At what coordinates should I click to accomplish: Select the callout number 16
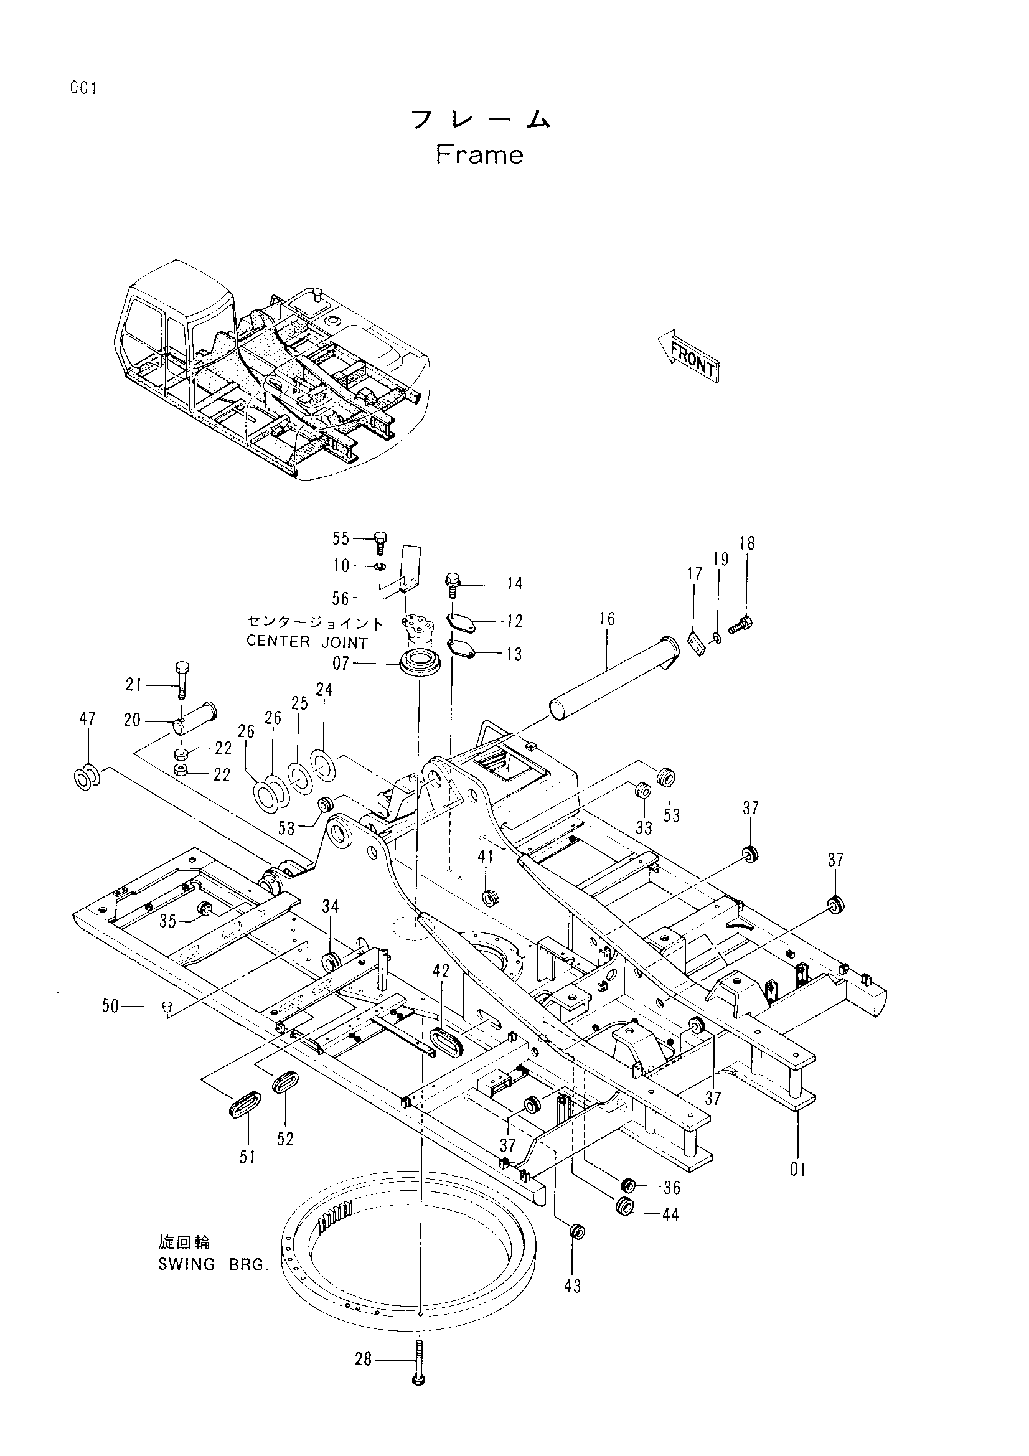[x=607, y=618]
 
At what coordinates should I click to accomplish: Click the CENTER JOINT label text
[x=307, y=642]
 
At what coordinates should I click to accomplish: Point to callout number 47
[x=88, y=718]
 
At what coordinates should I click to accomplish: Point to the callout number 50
[x=110, y=1007]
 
